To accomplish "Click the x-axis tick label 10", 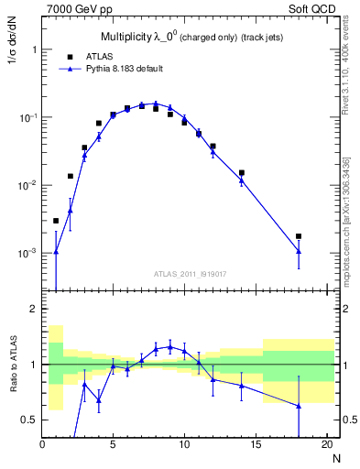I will pos(184,445).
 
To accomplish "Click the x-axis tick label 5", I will pos(113,445).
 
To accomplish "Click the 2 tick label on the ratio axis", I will pos(32,309).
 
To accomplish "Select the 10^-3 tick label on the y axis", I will pos(26,253).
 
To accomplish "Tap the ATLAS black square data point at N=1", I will pos(56,221).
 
